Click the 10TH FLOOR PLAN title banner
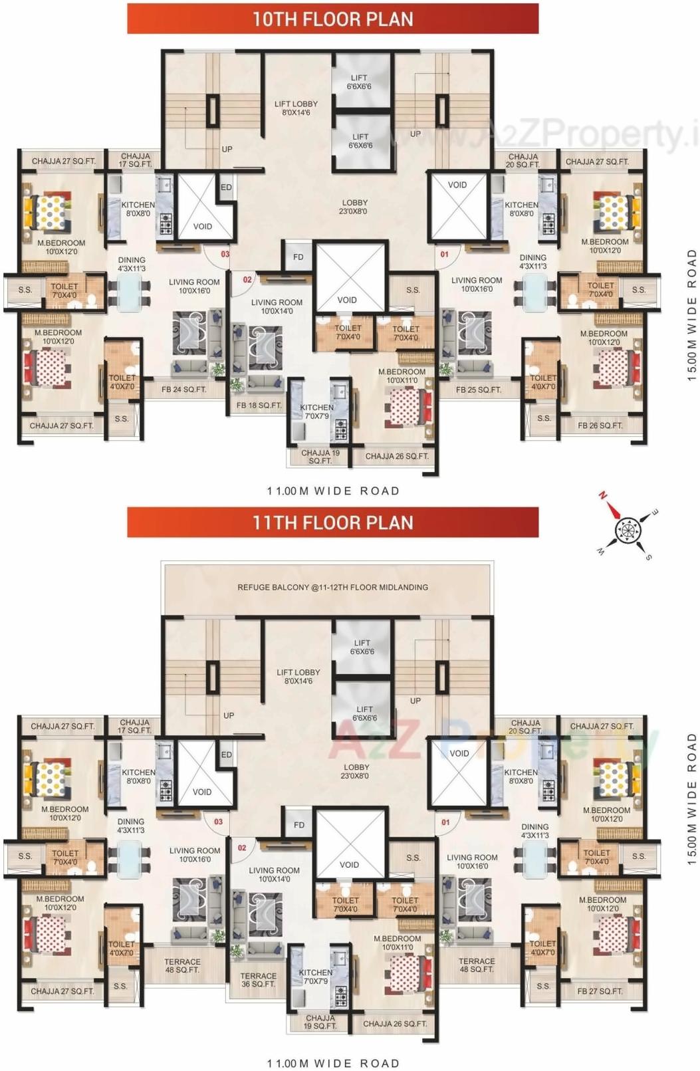pyautogui.click(x=332, y=19)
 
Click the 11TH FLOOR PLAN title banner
pyautogui.click(x=332, y=522)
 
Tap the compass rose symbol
pyautogui.click(x=626, y=531)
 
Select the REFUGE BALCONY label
pyautogui.click(x=332, y=587)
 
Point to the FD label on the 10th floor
pyautogui.click(x=298, y=257)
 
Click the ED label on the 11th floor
pyautogui.click(x=226, y=755)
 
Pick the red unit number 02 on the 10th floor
pyautogui.click(x=247, y=280)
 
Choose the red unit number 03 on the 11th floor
pyautogui.click(x=218, y=822)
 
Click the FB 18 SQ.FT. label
pyautogui.click(x=259, y=405)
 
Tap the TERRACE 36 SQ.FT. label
pyautogui.click(x=258, y=980)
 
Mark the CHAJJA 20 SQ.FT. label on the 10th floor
pyautogui.click(x=523, y=160)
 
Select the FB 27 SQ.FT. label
pyautogui.click(x=600, y=991)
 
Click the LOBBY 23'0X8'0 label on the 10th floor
pyautogui.click(x=354, y=207)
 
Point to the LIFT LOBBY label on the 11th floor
pyautogui.click(x=298, y=676)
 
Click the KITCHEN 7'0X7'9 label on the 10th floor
pyautogui.click(x=316, y=412)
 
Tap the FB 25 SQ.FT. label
pyautogui.click(x=478, y=390)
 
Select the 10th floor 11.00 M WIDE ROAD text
pyautogui.click(x=333, y=491)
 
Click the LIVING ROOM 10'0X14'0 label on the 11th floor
pyautogui.click(x=274, y=874)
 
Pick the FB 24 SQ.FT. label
pyautogui.click(x=183, y=390)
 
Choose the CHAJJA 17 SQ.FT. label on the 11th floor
pyautogui.click(x=134, y=726)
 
